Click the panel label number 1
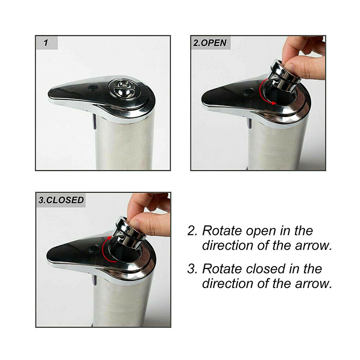pyautogui.click(x=46, y=43)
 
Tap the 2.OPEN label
pyautogui.click(x=210, y=43)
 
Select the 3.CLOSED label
pyautogui.click(x=61, y=200)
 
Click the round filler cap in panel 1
pyautogui.click(x=122, y=88)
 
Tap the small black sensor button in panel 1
pyautogui.click(x=93, y=88)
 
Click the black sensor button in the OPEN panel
pyautogui.click(x=248, y=92)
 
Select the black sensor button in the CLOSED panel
pyautogui.click(x=93, y=249)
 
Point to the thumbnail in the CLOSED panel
pyautogui.click(x=134, y=223)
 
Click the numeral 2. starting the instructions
pyautogui.click(x=192, y=231)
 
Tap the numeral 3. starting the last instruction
pyautogui.click(x=192, y=269)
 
